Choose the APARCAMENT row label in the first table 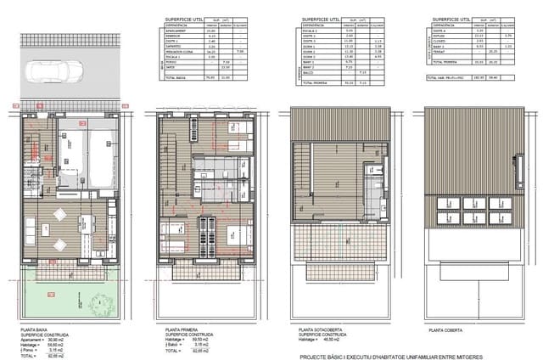[175, 31]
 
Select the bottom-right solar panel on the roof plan [495, 218]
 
